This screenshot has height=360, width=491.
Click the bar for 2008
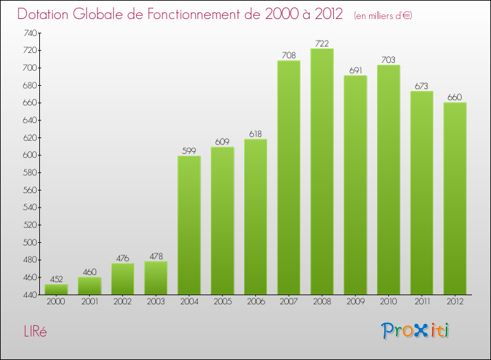pos(321,171)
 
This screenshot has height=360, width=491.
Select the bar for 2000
pos(56,289)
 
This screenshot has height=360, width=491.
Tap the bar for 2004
pos(189,225)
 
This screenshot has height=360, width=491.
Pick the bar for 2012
pos(454,198)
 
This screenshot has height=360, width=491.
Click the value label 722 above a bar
pos(321,43)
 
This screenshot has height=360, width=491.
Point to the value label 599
pos(189,151)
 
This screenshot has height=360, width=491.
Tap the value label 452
pos(56,279)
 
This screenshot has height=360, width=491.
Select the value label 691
pos(355,70)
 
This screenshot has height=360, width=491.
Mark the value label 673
pos(421,86)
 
